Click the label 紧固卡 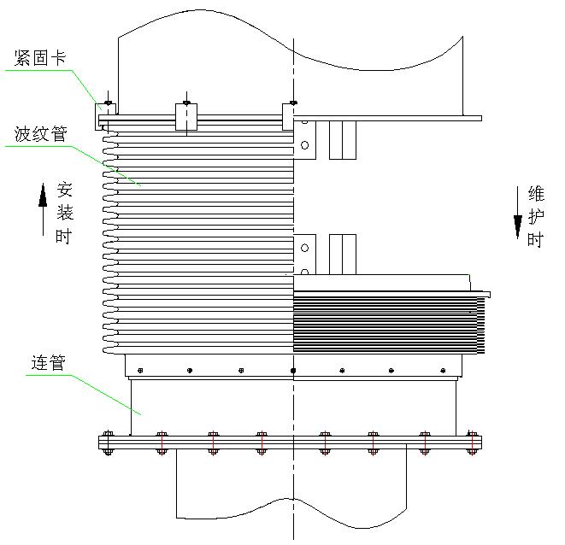point(40,58)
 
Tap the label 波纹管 point(40,134)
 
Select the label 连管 point(48,363)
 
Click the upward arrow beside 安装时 point(43,209)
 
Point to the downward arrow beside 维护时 point(518,213)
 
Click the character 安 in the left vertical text point(65,190)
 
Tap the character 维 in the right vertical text point(536,193)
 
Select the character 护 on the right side point(536,217)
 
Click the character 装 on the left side point(65,213)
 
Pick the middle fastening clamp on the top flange point(186,117)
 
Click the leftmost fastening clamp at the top point(106,117)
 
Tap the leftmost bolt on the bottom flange point(108,442)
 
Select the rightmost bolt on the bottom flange point(472,442)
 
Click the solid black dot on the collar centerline point(293,370)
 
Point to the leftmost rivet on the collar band point(140,370)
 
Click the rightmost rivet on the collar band point(443,370)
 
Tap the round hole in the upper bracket point(305,145)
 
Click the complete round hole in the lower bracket point(305,248)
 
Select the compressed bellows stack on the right point(389,322)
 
